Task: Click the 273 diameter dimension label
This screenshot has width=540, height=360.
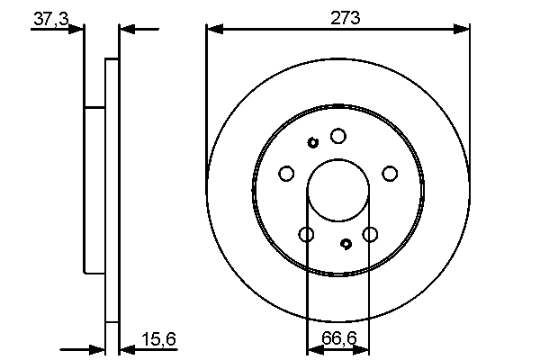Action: (338, 16)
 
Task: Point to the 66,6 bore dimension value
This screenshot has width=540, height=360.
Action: (338, 339)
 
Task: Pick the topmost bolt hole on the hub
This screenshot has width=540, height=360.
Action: (337, 136)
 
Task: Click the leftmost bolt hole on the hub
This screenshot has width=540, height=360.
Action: (286, 174)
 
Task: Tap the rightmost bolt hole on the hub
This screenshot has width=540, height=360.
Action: (390, 174)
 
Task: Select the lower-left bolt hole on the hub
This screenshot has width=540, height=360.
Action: (306, 235)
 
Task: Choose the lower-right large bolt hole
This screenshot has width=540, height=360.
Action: (370, 235)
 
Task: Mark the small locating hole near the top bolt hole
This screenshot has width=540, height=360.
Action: (313, 142)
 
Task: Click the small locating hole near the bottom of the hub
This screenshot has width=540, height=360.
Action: (346, 243)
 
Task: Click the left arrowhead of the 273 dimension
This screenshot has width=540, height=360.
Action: (212, 30)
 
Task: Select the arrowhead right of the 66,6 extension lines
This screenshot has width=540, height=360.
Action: (375, 348)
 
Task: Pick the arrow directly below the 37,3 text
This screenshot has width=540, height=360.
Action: (76, 30)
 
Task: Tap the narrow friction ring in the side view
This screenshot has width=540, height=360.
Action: (112, 189)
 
